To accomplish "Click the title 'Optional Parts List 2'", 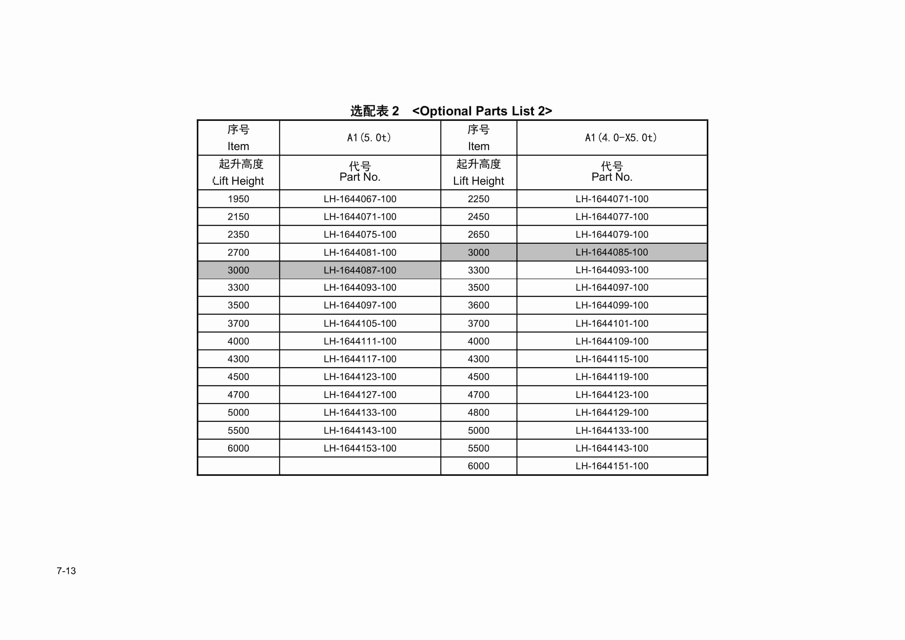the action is click(x=451, y=111).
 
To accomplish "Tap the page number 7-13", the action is click(x=66, y=571).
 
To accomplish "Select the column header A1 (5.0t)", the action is click(x=369, y=138).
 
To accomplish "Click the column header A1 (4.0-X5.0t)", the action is click(x=620, y=138).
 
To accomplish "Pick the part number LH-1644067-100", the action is click(x=360, y=199).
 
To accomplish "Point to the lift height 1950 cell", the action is click(x=238, y=199).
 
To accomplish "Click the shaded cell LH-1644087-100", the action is click(x=360, y=270).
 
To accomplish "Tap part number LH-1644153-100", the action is click(x=360, y=448).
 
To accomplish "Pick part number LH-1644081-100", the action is click(x=360, y=253).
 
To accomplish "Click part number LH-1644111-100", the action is click(x=360, y=341).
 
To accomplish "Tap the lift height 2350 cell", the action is click(x=238, y=234).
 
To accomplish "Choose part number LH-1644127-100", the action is click(x=360, y=394).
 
